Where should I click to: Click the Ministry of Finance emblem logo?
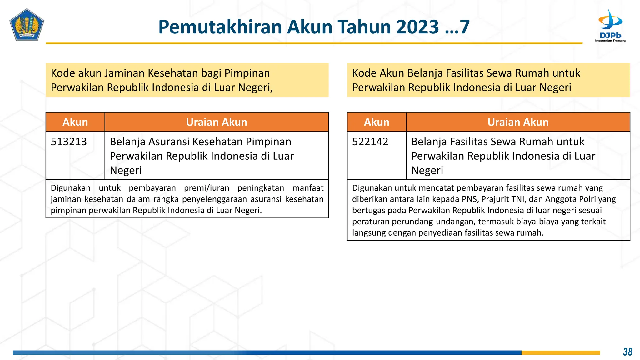(27, 25)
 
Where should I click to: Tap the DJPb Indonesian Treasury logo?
(610, 26)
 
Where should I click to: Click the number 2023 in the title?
(417, 27)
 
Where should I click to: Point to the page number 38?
(627, 352)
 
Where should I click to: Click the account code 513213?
(69, 142)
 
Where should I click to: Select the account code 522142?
(370, 142)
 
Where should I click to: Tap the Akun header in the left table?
(75, 122)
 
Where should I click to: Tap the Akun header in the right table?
(377, 122)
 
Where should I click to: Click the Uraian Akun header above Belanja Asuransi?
(217, 122)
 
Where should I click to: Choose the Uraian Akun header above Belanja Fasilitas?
(518, 122)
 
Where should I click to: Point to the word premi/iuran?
(207, 188)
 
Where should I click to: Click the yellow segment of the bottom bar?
(561, 352)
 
